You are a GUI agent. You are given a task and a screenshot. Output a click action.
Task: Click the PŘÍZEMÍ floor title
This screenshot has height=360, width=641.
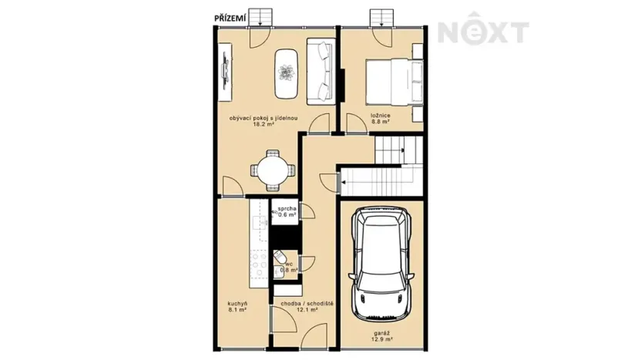230,18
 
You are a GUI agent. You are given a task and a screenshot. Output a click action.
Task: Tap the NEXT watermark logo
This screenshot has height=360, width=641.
483,29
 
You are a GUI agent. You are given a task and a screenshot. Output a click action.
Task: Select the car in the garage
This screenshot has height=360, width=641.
381,264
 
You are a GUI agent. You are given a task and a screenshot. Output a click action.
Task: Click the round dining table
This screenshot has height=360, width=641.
273,170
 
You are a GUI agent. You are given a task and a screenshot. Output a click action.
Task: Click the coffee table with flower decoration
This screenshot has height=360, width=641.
286,74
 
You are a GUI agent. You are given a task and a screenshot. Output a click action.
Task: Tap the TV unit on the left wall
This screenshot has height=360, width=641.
225,72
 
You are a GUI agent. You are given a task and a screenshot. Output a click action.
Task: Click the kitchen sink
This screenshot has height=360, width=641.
260,223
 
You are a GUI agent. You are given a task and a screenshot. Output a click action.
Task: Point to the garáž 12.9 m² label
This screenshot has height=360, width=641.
382,336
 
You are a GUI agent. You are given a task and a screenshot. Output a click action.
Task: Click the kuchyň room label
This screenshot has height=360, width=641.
237,307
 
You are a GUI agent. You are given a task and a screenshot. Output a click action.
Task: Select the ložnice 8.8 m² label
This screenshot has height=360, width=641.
380,119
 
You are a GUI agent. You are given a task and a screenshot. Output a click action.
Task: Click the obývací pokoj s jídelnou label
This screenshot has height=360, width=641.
263,121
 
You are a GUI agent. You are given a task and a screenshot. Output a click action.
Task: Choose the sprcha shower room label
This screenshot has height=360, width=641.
287,211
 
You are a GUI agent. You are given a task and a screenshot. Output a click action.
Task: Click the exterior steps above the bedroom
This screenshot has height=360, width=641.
382,17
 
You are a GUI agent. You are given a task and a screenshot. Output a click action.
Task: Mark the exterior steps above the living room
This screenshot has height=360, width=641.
260,17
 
